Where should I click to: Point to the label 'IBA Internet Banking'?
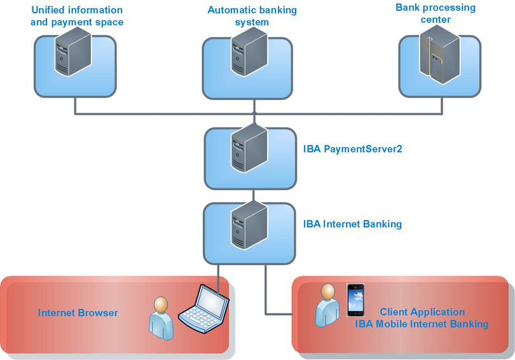[x=352, y=224]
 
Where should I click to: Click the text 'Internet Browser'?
[x=78, y=313]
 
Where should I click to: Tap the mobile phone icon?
[x=356, y=301]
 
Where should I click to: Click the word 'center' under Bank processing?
[x=436, y=20]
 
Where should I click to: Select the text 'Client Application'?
[x=422, y=312]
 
